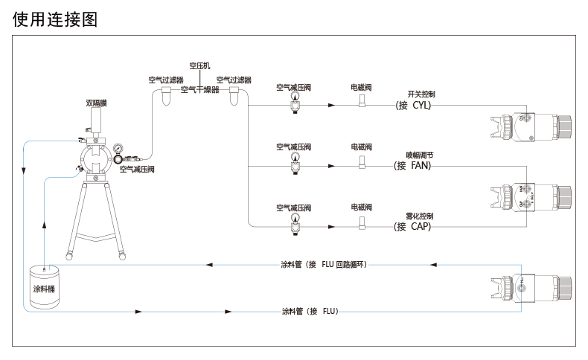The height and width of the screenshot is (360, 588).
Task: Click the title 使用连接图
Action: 55,19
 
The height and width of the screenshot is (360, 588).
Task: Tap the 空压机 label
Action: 199,66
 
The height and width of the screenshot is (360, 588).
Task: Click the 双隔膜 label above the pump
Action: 96,103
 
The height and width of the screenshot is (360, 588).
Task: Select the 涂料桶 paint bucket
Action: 44,286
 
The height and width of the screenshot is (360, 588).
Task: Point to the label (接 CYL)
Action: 413,106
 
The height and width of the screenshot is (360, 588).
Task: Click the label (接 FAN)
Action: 412,166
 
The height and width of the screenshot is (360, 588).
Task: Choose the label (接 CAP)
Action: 412,227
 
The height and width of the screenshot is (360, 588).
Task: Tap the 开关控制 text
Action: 421,94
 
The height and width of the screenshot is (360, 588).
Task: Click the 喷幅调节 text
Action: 420,155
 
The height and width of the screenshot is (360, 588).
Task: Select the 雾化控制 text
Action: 420,216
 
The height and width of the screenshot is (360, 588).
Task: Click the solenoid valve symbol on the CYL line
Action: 362,100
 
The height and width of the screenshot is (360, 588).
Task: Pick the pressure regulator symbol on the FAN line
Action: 295,164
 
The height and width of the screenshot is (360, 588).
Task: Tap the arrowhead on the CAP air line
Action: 332,227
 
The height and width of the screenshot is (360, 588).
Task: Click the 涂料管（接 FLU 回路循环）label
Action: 324,265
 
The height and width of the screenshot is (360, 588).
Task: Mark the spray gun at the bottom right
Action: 531,289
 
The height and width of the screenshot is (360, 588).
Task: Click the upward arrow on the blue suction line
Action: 44,225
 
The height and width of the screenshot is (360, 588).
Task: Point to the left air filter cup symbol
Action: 166,96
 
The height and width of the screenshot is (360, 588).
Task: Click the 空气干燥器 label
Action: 200,90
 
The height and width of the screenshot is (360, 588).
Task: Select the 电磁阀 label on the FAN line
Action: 362,147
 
